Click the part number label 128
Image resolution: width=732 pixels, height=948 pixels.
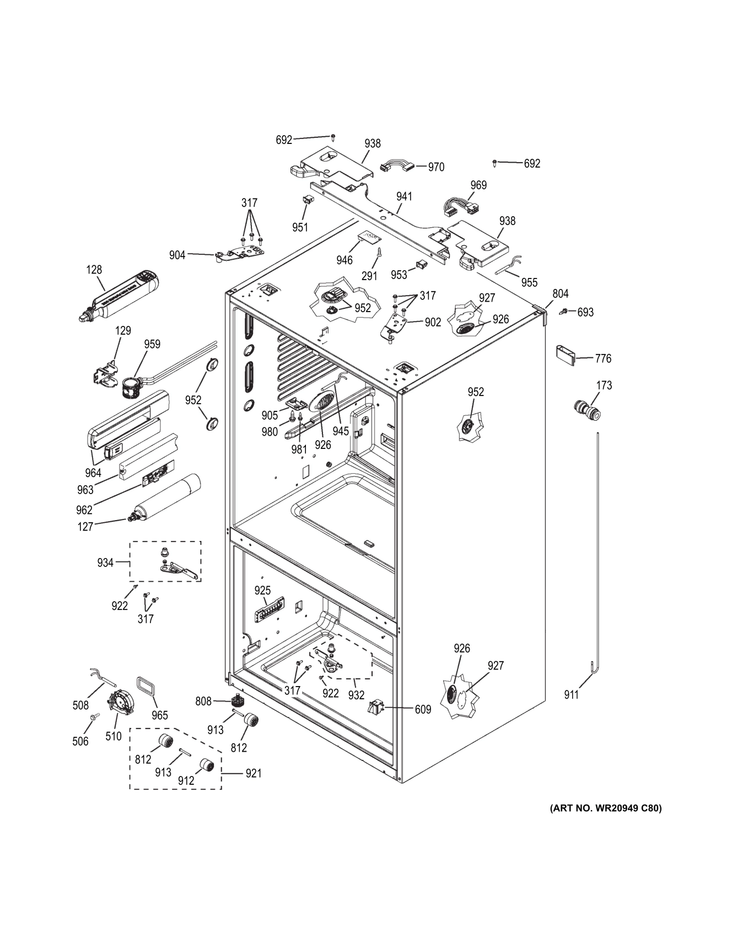tap(94, 270)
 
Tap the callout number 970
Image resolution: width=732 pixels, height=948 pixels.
tap(436, 167)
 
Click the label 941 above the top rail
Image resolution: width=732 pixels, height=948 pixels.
tap(404, 196)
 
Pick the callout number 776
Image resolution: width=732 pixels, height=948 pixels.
tap(603, 358)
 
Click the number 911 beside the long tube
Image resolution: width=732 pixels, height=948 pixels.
tap(572, 695)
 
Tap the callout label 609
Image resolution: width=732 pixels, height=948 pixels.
tap(423, 710)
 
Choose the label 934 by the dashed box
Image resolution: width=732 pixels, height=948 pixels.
tap(105, 563)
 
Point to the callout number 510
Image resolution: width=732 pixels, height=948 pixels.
tap(114, 736)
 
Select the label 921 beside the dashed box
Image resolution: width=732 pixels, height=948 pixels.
tap(254, 773)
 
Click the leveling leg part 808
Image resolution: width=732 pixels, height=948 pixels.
tap(238, 701)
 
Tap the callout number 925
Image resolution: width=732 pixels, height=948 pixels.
tap(263, 591)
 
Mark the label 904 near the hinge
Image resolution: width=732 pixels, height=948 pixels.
tap(177, 255)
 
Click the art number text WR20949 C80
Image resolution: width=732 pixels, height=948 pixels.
tap(605, 808)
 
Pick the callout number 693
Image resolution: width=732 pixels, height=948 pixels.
tap(585, 312)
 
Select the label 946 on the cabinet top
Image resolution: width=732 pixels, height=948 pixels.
tap(344, 260)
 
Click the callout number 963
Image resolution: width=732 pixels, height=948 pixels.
tap(85, 490)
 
